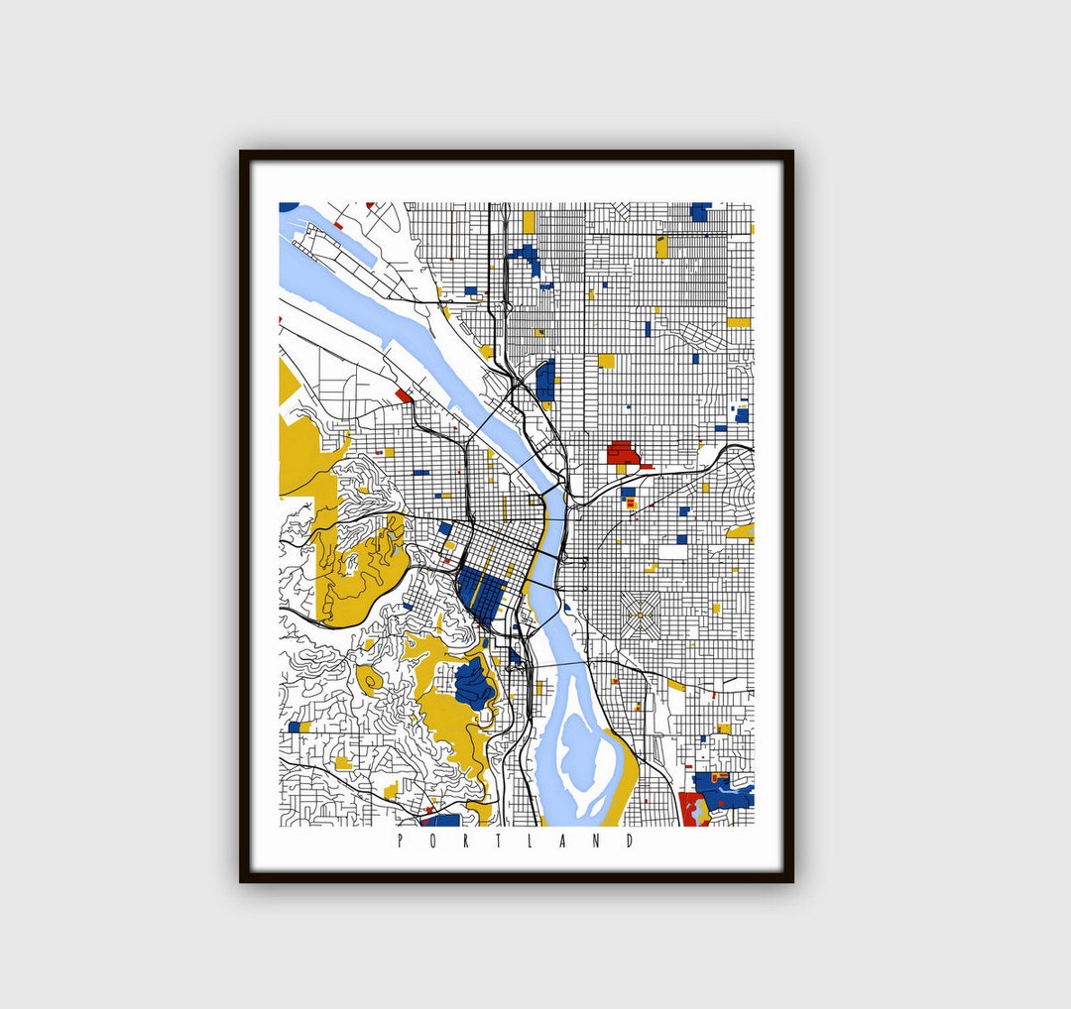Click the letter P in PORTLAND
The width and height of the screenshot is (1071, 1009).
coord(400,841)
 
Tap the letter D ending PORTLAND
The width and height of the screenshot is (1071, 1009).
coord(631,841)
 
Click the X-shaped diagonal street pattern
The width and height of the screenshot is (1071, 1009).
coord(640,616)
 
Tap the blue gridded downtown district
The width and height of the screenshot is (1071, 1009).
coord(481,594)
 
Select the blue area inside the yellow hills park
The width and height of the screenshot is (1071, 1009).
coord(473,685)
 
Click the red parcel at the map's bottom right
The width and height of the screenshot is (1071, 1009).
coord(691,808)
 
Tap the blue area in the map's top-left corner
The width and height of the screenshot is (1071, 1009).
coord(288,207)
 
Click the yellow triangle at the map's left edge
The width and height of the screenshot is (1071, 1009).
coord(287,382)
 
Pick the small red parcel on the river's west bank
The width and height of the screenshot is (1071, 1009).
coord(404,394)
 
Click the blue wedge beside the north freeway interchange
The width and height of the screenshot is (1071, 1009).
coord(545,381)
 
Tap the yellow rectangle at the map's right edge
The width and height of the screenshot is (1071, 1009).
coord(739,322)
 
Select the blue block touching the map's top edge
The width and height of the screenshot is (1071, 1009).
coord(700,210)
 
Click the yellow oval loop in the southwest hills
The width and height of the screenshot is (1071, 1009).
coord(371,680)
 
